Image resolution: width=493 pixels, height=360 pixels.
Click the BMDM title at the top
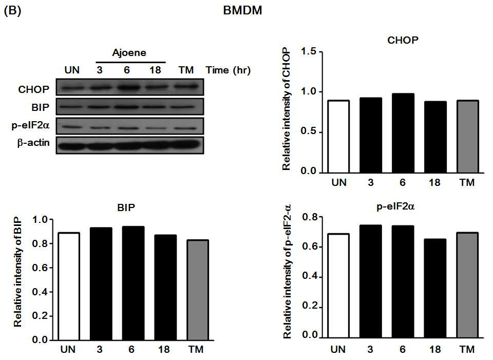point(242,10)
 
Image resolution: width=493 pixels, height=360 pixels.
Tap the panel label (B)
point(12,11)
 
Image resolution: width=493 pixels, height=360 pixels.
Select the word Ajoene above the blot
point(129,52)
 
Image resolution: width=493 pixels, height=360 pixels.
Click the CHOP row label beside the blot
point(34,89)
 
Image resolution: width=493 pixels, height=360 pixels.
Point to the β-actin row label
point(33,143)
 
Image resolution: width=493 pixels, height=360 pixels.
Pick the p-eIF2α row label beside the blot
point(30,125)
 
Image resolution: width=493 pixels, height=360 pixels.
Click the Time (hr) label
point(228,70)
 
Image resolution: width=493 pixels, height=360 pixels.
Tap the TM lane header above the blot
point(186,70)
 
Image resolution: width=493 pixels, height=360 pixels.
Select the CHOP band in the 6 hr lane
point(127,87)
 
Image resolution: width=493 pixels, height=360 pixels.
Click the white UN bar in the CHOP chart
point(338,137)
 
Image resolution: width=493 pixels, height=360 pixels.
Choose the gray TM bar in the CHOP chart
point(468,137)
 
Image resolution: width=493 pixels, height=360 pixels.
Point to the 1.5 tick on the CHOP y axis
point(320,51)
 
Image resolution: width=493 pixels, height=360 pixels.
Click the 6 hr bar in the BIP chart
point(134,283)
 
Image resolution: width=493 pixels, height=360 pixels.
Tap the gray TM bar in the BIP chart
point(198,290)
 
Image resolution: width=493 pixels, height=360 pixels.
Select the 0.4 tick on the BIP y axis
point(51,292)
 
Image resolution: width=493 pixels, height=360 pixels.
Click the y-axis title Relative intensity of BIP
point(18,272)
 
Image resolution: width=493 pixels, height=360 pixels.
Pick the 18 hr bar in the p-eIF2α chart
point(435,288)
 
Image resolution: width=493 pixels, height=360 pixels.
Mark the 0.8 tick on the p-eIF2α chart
point(320,217)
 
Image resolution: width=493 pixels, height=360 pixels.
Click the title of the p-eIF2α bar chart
point(395,206)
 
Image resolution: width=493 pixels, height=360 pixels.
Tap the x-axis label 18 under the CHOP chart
point(434,183)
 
